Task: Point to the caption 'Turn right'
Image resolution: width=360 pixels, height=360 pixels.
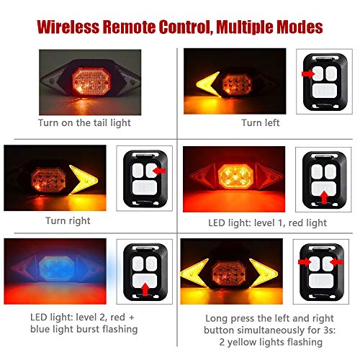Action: click(x=68, y=220)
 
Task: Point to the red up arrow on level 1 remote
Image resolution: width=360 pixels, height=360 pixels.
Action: click(x=323, y=194)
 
